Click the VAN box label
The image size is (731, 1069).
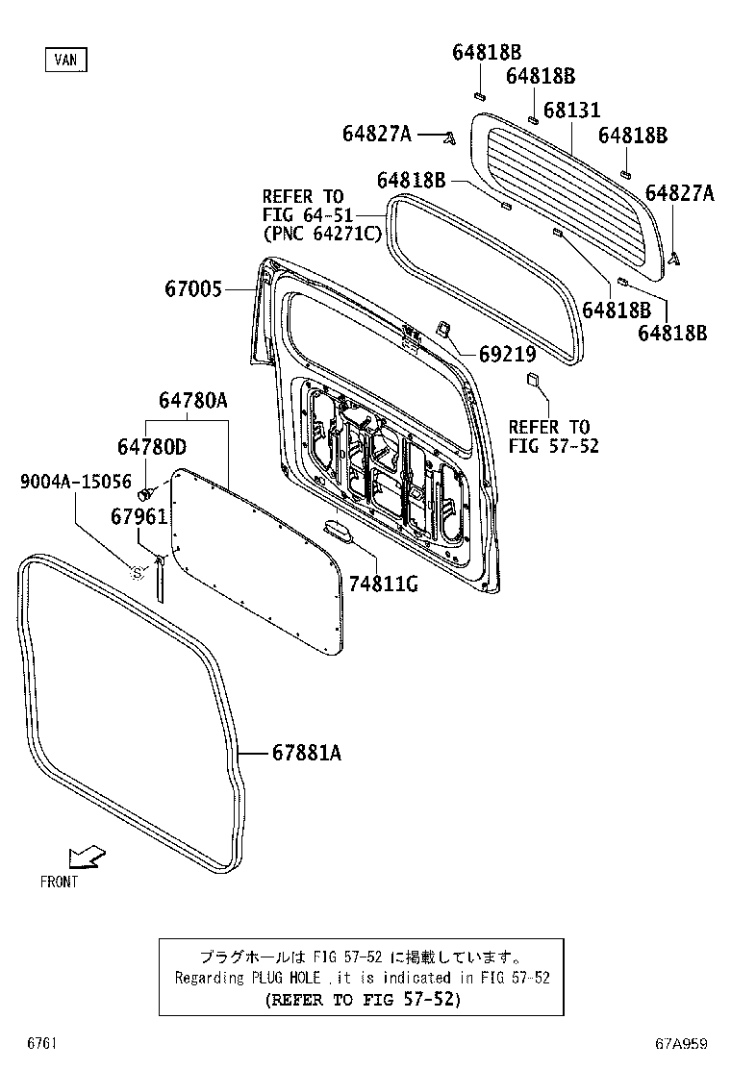pyautogui.click(x=65, y=60)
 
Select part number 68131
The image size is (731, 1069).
pyautogui.click(x=571, y=112)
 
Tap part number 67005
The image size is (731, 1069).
pyautogui.click(x=192, y=288)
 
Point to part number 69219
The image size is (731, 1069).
pyautogui.click(x=507, y=355)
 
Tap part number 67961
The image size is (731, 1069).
pyautogui.click(x=139, y=516)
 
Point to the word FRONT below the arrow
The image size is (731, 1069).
pyautogui.click(x=59, y=882)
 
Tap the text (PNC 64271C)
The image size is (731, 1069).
pyautogui.click(x=322, y=234)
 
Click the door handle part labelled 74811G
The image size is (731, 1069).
pyautogui.click(x=339, y=529)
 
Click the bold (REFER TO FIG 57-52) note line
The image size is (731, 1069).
pyautogui.click(x=363, y=999)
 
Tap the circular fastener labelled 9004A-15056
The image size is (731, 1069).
pyautogui.click(x=137, y=572)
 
